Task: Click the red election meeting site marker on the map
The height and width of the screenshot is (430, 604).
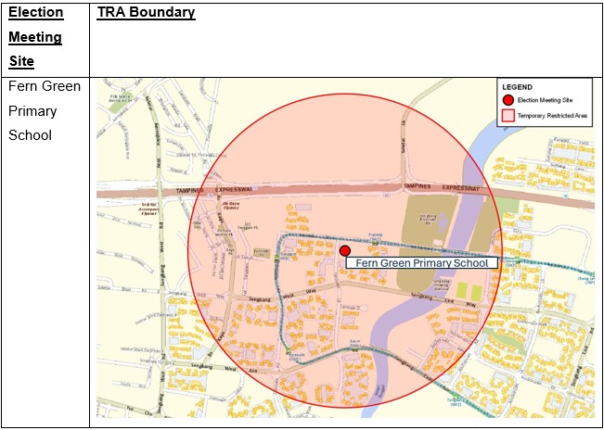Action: (345, 250)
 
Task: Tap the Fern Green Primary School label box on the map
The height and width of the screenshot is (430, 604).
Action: (422, 263)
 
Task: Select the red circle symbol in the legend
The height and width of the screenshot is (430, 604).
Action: (508, 100)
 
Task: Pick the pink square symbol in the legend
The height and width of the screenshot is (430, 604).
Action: (508, 116)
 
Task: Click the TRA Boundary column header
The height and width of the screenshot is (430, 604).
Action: (146, 13)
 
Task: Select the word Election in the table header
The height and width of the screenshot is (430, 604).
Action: (35, 13)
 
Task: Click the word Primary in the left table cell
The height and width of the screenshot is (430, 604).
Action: (32, 110)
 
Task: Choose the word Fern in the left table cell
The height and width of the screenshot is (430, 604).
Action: (22, 86)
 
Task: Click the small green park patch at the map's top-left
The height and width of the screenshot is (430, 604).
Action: (118, 105)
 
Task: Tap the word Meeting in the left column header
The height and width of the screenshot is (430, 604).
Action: (35, 37)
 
